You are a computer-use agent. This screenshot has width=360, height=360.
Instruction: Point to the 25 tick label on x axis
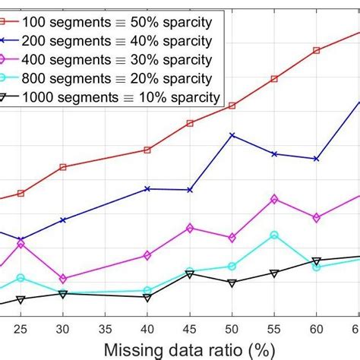point(21,328)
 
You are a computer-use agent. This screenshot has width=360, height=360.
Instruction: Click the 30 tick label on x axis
point(63,328)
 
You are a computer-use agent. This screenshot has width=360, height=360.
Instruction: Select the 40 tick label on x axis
point(147,328)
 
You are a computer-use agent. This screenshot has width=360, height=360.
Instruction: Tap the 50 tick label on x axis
point(232,328)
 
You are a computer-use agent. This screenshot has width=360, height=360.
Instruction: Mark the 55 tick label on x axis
point(274,328)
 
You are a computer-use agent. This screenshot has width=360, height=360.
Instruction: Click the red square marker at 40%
point(147,150)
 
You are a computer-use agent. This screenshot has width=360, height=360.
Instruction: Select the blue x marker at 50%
point(232,135)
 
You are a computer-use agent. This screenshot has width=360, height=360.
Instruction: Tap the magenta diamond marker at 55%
point(274,199)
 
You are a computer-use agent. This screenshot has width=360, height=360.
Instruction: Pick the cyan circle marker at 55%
point(274,235)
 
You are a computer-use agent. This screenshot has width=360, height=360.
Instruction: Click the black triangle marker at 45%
point(190,273)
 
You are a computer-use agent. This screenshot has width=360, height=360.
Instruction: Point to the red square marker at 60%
point(317,50)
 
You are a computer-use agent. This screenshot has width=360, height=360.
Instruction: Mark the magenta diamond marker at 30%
point(63,279)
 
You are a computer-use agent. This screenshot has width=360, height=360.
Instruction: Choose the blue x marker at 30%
point(63,220)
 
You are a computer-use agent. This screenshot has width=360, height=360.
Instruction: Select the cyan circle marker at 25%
point(21,278)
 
